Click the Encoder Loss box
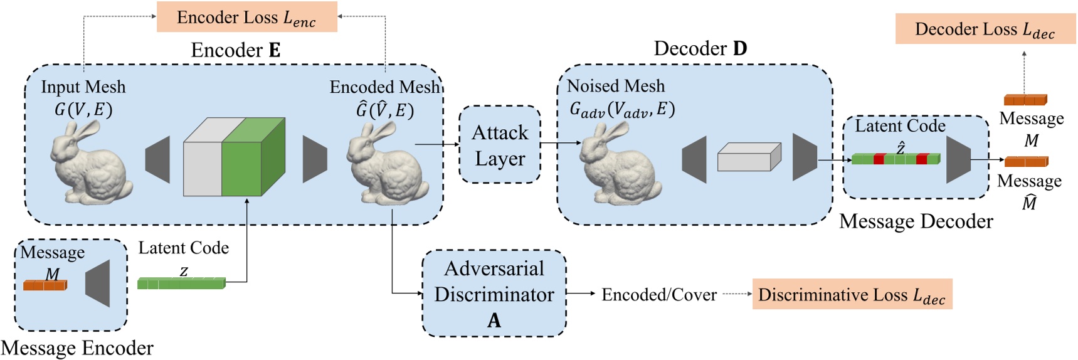[246, 17]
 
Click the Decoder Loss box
[985, 29]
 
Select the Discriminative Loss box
[852, 294]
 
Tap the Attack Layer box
[500, 145]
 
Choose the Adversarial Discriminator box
[494, 294]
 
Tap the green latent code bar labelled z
[181, 283]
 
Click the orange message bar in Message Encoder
[45, 285]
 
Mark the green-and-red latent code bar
[896, 159]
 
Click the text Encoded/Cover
[658, 295]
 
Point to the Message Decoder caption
[916, 221]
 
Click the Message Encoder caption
[77, 348]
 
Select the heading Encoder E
[235, 50]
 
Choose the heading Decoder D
[700, 48]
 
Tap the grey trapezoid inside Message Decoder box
[958, 159]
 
